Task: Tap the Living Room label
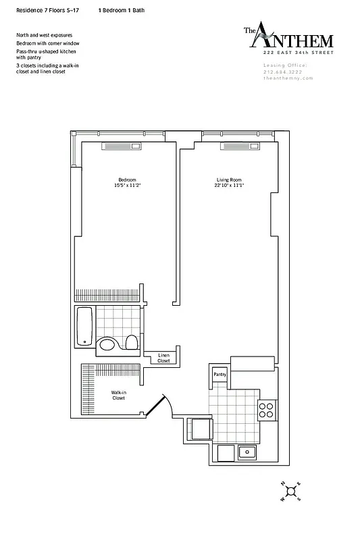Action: tap(229, 180)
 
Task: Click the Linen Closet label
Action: tap(163, 358)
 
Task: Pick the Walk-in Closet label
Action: tap(120, 395)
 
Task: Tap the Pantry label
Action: tap(220, 374)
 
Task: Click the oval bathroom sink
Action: tap(108, 346)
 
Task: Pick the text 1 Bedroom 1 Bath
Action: tap(121, 11)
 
